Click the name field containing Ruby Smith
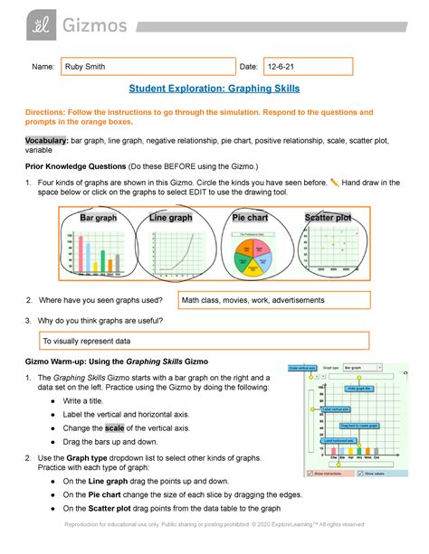pos(145,66)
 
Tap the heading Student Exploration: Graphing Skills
pos(214,89)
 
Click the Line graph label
pos(170,218)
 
